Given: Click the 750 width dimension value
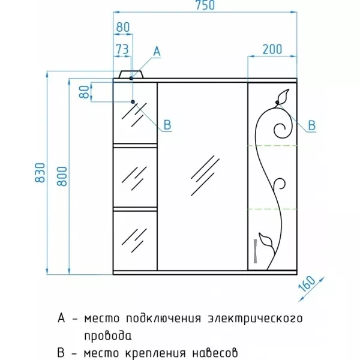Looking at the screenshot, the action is pyautogui.click(x=205, y=5).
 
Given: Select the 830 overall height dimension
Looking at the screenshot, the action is pyautogui.click(x=40, y=173).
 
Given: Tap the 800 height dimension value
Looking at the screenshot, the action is pyautogui.click(x=62, y=176).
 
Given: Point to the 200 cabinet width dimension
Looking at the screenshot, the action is pyautogui.click(x=272, y=49).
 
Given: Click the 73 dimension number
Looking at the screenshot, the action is pyautogui.click(x=122, y=49).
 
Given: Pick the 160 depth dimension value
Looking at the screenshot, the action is pyautogui.click(x=307, y=284).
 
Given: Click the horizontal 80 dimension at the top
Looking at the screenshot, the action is pyautogui.click(x=123, y=28).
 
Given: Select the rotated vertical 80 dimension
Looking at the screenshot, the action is pyautogui.click(x=84, y=92).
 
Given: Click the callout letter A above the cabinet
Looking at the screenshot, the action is pyautogui.click(x=157, y=51).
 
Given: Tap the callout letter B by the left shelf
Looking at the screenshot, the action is pyautogui.click(x=167, y=125).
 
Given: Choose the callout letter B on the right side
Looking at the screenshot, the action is pyautogui.click(x=311, y=125).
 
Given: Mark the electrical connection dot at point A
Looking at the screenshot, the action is pyautogui.click(x=131, y=78).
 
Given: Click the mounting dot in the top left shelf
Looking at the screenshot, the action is pyautogui.click(x=133, y=102).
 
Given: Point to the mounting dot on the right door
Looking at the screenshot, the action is pyautogui.click(x=277, y=102).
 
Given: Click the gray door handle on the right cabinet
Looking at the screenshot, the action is pyautogui.click(x=256, y=251).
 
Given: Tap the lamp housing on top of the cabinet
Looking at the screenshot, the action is pyautogui.click(x=131, y=74).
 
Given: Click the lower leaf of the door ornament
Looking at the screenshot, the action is pyautogui.click(x=266, y=241).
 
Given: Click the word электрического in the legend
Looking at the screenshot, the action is pyautogui.click(x=255, y=319).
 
